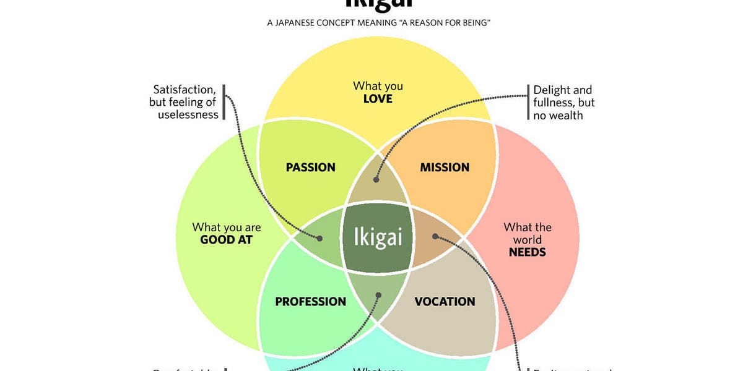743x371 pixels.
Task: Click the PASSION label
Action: [310, 167]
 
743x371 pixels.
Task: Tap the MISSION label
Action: [445, 167]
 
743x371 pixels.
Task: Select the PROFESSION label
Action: [310, 302]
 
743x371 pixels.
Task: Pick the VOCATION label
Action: [445, 302]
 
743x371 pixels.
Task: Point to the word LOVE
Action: [378, 99]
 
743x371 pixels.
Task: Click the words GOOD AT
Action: [226, 240]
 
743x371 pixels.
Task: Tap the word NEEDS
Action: [527, 252]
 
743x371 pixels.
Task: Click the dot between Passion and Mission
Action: [376, 180]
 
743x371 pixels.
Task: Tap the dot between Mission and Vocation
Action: [435, 236]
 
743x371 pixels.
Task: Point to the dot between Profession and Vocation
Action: [377, 295]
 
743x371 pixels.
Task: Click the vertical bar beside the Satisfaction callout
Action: [224, 102]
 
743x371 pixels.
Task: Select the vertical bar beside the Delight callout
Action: [528, 103]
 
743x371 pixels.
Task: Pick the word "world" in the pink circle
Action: [527, 240]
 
